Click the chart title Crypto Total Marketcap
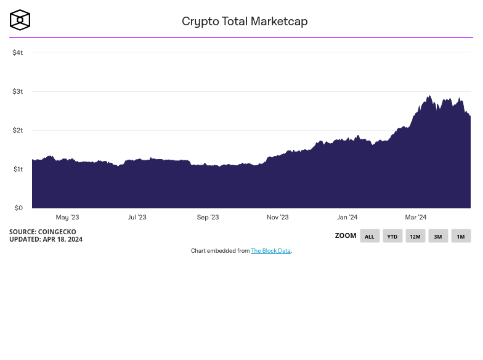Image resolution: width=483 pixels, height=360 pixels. [245, 22]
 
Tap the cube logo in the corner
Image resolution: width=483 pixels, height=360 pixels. [20, 20]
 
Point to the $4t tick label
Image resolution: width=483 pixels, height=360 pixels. [17, 53]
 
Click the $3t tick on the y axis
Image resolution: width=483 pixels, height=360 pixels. [17, 92]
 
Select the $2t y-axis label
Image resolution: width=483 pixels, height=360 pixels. [17, 131]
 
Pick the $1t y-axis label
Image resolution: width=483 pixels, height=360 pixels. [17, 170]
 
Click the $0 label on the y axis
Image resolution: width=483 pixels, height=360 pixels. [18, 208]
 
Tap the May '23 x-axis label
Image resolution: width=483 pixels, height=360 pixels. [67, 218]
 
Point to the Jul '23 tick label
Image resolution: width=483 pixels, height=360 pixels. [137, 218]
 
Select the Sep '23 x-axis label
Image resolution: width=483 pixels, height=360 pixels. [208, 218]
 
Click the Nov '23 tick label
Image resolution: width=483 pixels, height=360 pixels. [277, 218]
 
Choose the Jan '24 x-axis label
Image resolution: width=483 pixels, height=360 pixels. [347, 218]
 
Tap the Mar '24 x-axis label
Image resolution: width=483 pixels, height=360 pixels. [416, 218]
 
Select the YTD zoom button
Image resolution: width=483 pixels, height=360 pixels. [392, 236]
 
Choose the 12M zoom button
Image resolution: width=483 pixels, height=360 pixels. [415, 236]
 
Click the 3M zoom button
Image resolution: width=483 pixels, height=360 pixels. [438, 236]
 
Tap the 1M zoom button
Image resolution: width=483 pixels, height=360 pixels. [461, 236]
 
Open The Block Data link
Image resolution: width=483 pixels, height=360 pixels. [270, 252]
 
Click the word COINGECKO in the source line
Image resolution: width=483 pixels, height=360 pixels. [58, 232]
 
